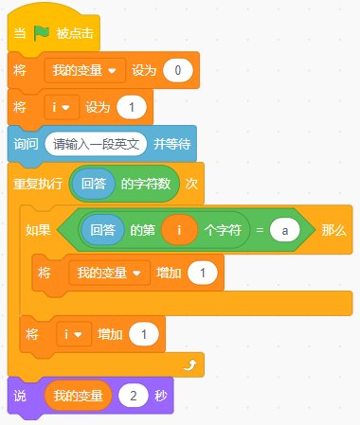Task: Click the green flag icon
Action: click(x=42, y=33)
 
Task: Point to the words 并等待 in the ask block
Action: click(x=173, y=144)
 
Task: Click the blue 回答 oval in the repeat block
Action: click(x=93, y=184)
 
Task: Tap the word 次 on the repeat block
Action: click(x=190, y=184)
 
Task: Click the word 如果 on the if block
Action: click(x=38, y=229)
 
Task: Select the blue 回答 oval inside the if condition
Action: click(x=100, y=229)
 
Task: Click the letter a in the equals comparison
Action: click(x=284, y=229)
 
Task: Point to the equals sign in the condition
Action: click(x=259, y=229)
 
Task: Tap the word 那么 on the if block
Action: click(x=333, y=229)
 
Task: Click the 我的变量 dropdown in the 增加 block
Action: click(x=110, y=274)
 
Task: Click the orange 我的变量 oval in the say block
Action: click(x=79, y=396)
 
